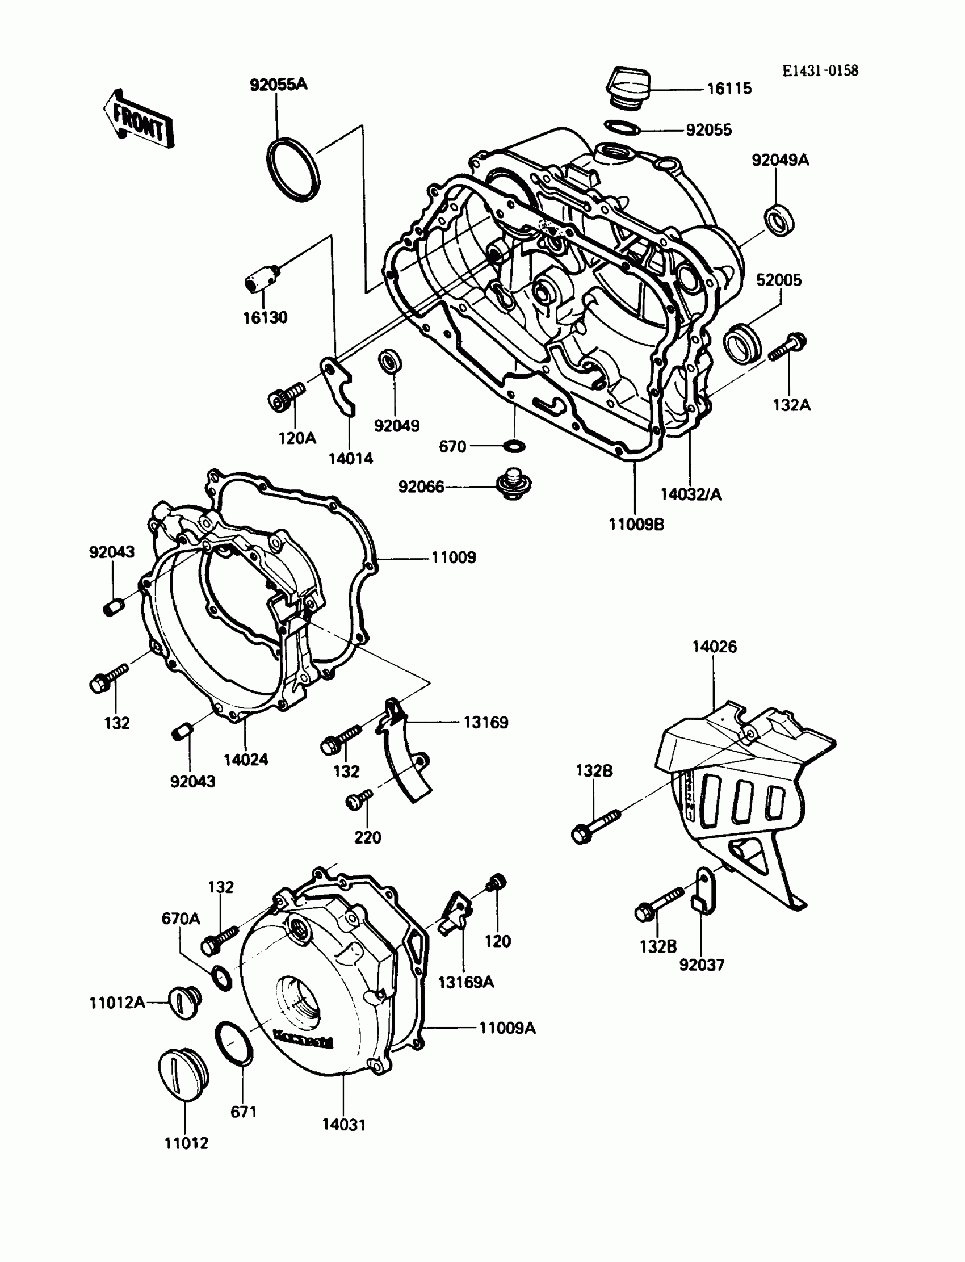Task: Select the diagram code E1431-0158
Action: click(820, 70)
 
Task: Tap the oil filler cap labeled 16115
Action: click(627, 87)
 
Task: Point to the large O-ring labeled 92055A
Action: click(292, 171)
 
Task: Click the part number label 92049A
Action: click(780, 160)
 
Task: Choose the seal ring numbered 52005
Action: click(742, 343)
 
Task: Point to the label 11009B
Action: click(636, 525)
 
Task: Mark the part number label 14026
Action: click(714, 646)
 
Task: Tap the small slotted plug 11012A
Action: click(185, 1003)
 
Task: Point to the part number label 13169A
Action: click(465, 982)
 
